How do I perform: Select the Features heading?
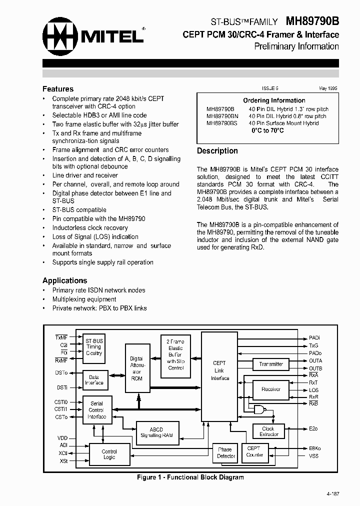coord(58,89)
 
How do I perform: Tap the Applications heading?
coord(64,280)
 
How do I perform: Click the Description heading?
coord(217,151)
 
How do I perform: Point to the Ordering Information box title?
coord(274,100)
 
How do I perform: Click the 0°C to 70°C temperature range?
coord(267,130)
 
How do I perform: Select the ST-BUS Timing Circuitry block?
coord(93,346)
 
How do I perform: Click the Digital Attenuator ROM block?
coord(136,368)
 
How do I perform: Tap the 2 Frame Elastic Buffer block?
coord(175,354)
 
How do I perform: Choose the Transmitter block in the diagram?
coord(271,364)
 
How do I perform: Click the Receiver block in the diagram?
coord(271,389)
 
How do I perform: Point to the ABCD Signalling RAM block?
coord(156,432)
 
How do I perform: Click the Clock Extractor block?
coord(268,431)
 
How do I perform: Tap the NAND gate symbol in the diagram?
coord(260,409)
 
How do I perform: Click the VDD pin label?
coord(62,438)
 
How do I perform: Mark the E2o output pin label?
coord(313,429)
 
